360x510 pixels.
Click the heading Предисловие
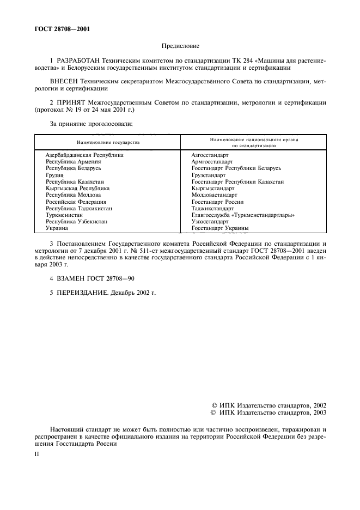tap(180, 47)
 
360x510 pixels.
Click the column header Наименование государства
tap(108, 142)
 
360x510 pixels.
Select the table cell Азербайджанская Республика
tap(84, 155)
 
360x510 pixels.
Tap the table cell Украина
tap(57, 228)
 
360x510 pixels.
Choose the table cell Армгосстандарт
tap(212, 162)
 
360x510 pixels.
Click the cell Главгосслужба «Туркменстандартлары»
tap(243, 215)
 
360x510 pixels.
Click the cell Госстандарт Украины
tap(220, 228)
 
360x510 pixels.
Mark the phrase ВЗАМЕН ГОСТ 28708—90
tap(95, 278)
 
